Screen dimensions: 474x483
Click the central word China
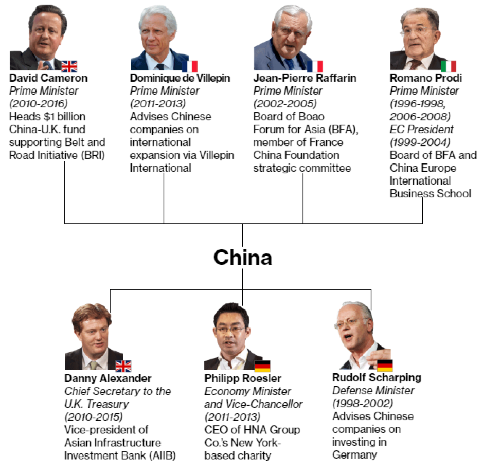coord(242,257)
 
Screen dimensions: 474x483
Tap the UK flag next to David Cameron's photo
coord(69,66)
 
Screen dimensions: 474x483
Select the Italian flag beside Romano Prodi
coord(448,66)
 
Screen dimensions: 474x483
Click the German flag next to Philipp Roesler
coord(262,366)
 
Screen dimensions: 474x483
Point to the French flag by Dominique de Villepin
coord(189,66)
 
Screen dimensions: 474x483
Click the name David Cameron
coord(48,78)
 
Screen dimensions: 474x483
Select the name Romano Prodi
coord(425,78)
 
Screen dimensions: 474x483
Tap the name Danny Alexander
coord(108,378)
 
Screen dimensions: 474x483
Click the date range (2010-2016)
coord(39,103)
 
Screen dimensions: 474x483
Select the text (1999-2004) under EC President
coord(419,142)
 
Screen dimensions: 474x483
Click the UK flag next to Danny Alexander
coord(123,366)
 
